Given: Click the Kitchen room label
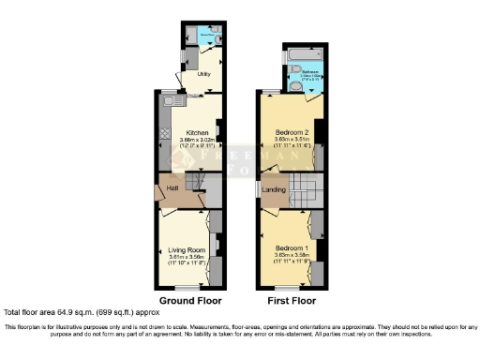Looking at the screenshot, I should click(x=197, y=132).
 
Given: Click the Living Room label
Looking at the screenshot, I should click(x=187, y=250).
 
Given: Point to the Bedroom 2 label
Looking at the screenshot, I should click(x=291, y=132).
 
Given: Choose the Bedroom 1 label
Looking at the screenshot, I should click(x=291, y=247).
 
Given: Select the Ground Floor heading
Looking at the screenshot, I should click(x=190, y=301).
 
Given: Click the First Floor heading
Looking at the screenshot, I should click(x=292, y=301).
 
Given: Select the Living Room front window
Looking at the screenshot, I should click(x=187, y=286).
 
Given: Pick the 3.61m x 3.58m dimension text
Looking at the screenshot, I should click(x=187, y=258).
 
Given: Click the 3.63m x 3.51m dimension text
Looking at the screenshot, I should click(x=291, y=140).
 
